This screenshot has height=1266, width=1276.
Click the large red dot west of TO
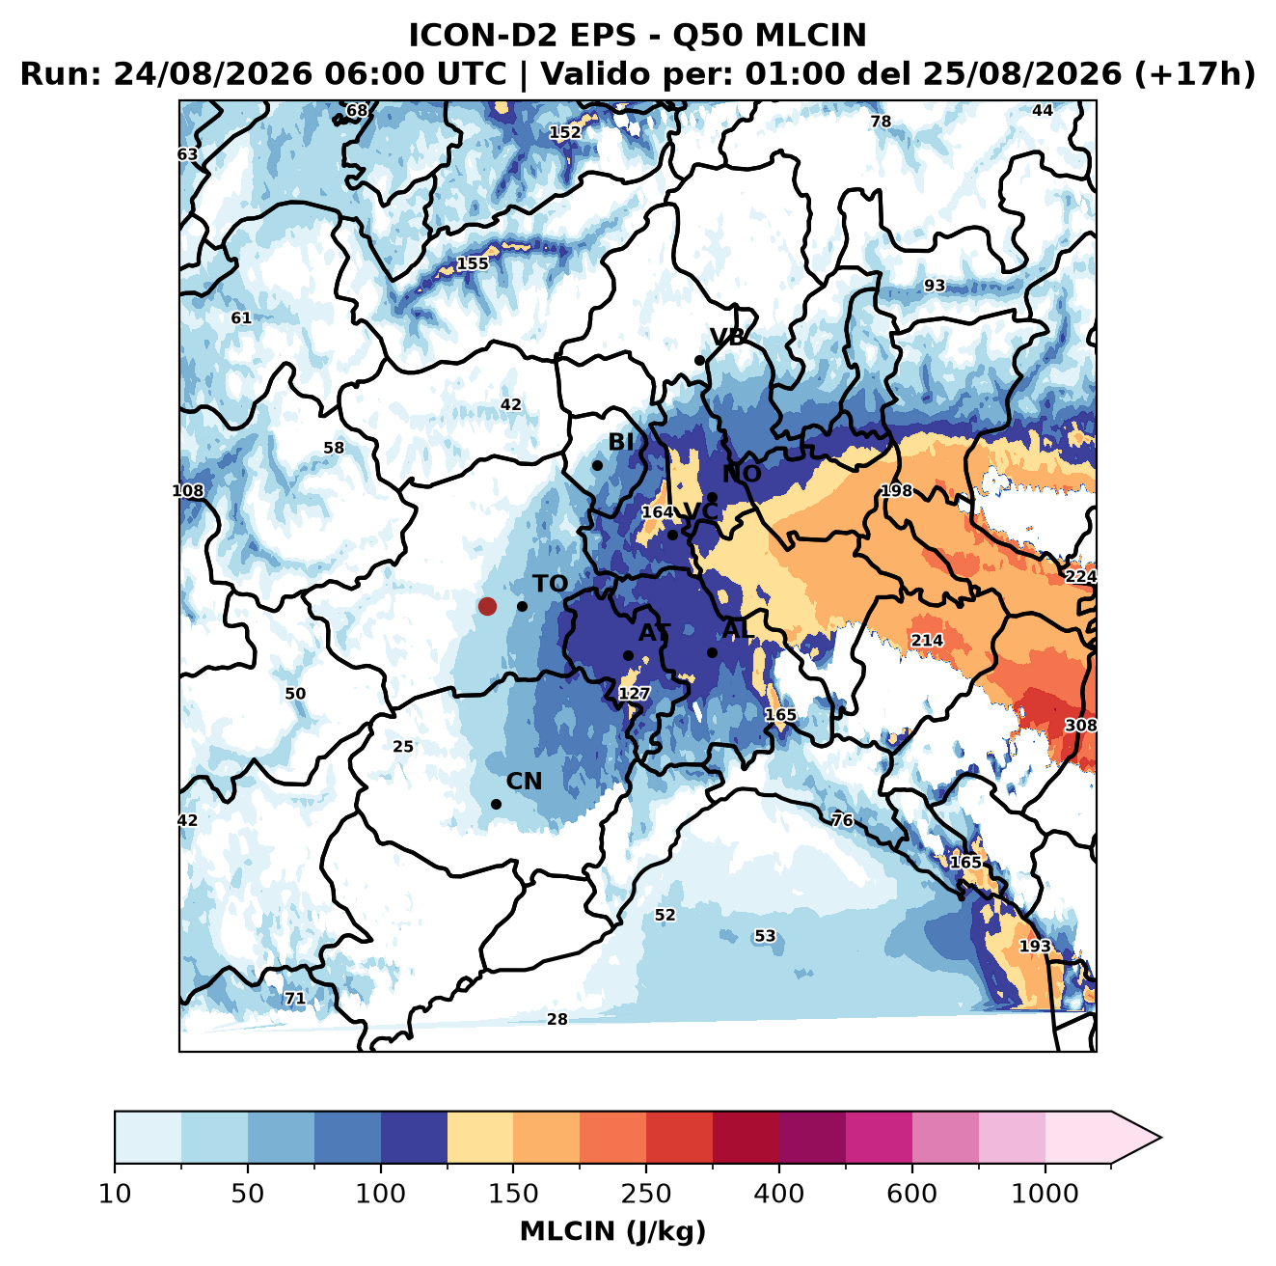[x=487, y=606]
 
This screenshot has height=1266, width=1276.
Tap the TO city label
[x=551, y=584]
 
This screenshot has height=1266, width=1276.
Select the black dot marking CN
[x=496, y=804]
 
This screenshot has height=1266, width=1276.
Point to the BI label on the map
[x=620, y=442]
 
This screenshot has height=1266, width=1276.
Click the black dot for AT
[x=628, y=655]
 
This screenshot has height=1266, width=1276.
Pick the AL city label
[x=738, y=629]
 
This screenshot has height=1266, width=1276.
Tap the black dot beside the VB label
[x=699, y=360]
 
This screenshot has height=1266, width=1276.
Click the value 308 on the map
[x=1080, y=726]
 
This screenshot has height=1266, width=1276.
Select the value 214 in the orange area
[x=927, y=640]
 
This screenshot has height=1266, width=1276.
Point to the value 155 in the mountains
[x=473, y=263]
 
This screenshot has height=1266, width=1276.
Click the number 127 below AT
[x=634, y=694]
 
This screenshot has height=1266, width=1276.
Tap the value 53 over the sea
[x=765, y=936]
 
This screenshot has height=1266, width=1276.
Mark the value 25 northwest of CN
[x=403, y=747]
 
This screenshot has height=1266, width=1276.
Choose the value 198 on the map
[x=897, y=490]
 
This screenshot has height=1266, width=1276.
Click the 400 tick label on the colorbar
[x=778, y=1194]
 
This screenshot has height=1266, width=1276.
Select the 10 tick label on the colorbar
[x=115, y=1194]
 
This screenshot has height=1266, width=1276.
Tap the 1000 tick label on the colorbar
[x=1045, y=1194]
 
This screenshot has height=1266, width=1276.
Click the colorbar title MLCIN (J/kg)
[x=612, y=1231]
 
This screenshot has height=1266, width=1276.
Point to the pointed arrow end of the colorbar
[x=1160, y=1138]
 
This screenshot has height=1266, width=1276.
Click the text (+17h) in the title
[x=1194, y=73]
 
